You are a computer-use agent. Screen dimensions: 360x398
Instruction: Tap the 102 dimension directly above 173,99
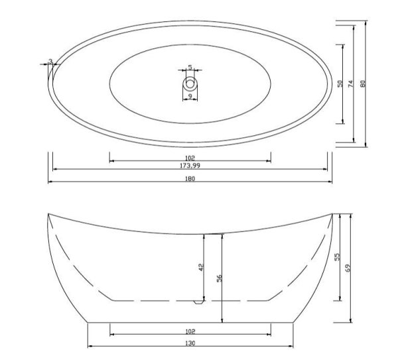click(190, 156)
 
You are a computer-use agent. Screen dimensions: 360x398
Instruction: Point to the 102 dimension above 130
click(190, 330)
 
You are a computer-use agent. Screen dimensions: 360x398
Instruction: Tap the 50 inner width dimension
click(340, 84)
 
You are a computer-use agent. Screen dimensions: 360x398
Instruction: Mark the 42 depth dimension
click(200, 267)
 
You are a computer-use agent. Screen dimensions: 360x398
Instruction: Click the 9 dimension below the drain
click(190, 97)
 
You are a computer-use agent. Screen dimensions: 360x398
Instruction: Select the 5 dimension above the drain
click(190, 67)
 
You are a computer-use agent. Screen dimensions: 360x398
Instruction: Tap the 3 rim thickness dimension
click(51, 61)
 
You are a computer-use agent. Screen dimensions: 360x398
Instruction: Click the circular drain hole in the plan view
click(190, 84)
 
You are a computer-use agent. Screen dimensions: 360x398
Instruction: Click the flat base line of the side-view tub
click(190, 323)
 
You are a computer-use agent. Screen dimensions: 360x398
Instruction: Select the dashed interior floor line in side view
click(153, 300)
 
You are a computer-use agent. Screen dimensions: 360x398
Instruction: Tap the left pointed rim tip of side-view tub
click(49, 214)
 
